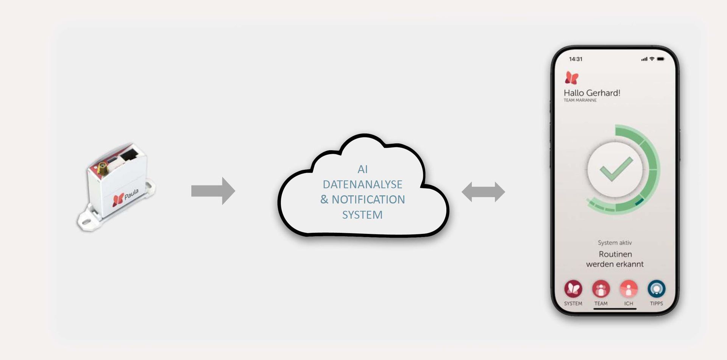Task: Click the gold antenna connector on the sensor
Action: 102,167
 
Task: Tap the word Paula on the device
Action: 131,194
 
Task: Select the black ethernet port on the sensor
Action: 130,154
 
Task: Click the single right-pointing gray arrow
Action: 213,191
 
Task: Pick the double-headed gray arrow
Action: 483,192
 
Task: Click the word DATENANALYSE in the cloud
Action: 362,184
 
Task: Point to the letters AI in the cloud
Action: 362,169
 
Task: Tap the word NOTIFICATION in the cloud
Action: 368,199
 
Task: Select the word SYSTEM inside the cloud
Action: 362,215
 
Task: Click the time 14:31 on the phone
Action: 576,59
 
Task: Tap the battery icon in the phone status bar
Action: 661,59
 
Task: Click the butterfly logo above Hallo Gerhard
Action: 572,78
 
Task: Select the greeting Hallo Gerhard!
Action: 592,93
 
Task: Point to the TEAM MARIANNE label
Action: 580,100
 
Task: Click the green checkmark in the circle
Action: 616,169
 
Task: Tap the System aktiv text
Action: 615,243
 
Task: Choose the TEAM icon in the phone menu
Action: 601,289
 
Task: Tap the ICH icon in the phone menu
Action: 629,289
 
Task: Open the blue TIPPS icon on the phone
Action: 657,289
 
